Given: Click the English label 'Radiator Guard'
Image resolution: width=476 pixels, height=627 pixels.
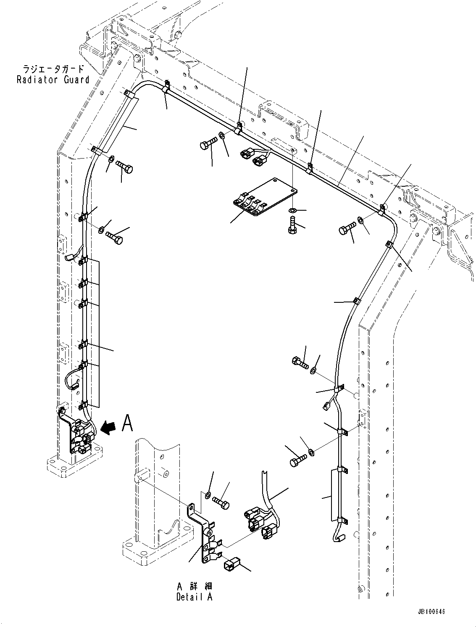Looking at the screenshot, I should click(x=53, y=79).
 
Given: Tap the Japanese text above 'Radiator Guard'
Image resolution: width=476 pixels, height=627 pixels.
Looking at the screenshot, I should click(x=53, y=69).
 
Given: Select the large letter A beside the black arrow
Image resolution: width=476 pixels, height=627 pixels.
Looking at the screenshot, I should click(x=127, y=423).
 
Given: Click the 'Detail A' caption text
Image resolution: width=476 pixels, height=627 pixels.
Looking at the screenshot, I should click(x=195, y=597).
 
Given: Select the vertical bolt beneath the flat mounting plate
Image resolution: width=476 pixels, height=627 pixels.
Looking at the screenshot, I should click(x=292, y=224).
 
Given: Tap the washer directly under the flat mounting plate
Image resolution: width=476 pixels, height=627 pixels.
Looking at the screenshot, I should click(x=292, y=209).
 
